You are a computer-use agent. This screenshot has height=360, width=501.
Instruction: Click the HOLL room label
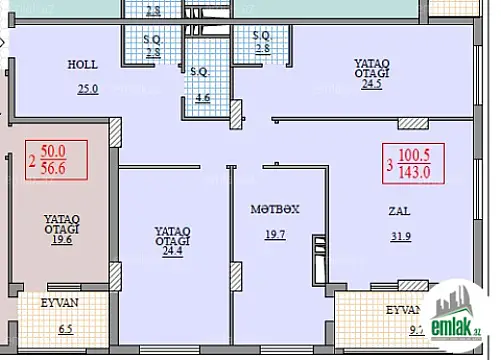(x=82, y=63)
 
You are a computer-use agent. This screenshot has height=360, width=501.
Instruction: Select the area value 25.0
(x=88, y=89)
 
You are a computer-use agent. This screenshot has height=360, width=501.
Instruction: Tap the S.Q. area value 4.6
(x=203, y=98)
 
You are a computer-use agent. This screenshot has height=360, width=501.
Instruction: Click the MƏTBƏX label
(x=275, y=210)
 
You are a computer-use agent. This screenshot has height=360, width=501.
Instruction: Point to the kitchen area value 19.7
(x=276, y=235)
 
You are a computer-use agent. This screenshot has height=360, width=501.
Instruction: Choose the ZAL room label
(x=399, y=211)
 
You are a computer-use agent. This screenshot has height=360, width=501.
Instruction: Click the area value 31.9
(x=400, y=235)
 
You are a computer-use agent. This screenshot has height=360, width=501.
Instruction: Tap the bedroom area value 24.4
(x=173, y=251)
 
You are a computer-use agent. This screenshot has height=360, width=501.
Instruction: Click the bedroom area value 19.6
(x=62, y=239)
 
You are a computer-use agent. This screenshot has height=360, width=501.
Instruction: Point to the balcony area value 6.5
(x=65, y=327)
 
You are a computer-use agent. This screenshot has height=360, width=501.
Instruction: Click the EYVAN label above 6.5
(x=62, y=300)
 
